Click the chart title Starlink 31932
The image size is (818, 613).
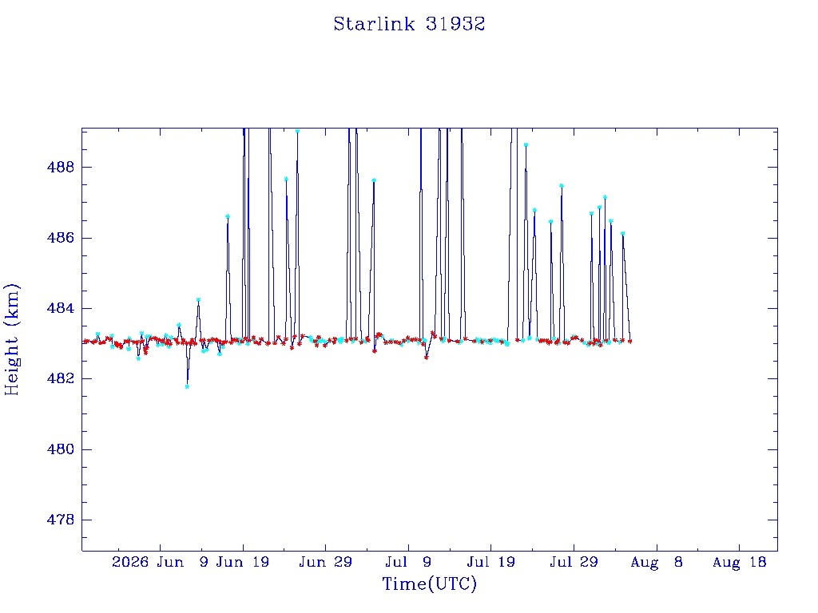[x=409, y=24]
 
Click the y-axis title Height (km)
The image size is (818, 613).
[x=12, y=339]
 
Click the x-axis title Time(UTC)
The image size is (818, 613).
[x=429, y=583]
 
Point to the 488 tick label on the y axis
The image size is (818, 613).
[x=61, y=168]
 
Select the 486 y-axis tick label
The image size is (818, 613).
[x=61, y=238]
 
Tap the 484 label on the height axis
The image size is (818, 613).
[x=61, y=308]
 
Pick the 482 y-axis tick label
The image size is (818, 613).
[x=61, y=378]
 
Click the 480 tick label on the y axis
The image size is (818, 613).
[x=61, y=449]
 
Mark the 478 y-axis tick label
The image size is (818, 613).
[x=61, y=520]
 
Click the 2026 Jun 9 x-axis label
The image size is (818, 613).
[x=160, y=562]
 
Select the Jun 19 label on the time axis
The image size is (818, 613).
[x=243, y=562]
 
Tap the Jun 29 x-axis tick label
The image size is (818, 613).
[x=325, y=562]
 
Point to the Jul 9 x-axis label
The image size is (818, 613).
[x=408, y=562]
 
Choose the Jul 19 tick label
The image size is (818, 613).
[x=491, y=562]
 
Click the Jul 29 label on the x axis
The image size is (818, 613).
[x=574, y=562]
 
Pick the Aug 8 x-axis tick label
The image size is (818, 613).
[x=657, y=562]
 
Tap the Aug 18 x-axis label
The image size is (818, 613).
[x=739, y=562]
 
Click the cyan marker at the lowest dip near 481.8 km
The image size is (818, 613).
[x=187, y=386]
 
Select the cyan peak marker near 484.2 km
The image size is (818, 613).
[x=198, y=300]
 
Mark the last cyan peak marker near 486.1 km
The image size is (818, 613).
[x=622, y=234]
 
